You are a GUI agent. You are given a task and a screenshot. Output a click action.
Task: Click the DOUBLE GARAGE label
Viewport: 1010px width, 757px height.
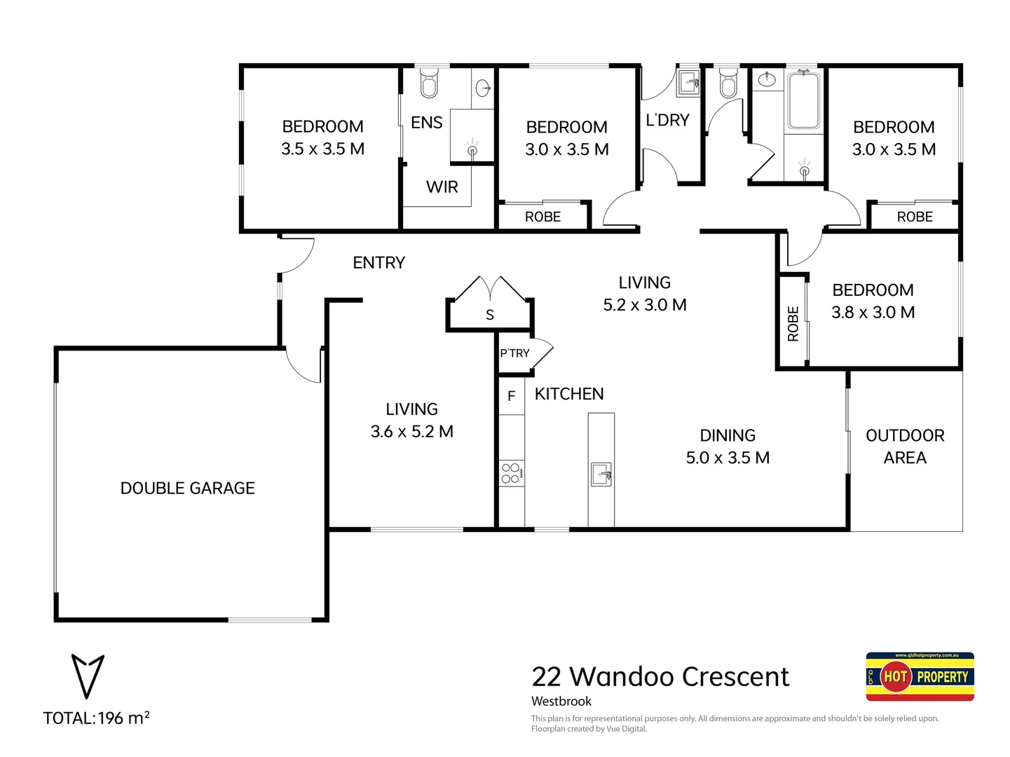coord(187,488)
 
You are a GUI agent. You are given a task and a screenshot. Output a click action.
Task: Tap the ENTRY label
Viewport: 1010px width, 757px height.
coord(378,263)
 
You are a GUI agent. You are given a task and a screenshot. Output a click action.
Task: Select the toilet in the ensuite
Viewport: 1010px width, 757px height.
coord(428,84)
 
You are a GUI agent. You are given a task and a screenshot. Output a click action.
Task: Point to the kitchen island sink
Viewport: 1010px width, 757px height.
coord(601,474)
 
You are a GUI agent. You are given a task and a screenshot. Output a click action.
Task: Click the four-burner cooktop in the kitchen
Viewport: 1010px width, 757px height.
coord(511,474)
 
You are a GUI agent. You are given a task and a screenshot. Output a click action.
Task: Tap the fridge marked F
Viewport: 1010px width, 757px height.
coord(511,396)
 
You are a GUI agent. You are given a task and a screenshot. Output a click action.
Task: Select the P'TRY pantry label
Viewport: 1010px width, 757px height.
coord(514,353)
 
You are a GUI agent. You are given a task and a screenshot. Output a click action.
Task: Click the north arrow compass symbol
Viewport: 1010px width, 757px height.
coord(88,676)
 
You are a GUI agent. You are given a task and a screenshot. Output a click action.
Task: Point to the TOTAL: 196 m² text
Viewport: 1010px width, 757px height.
coord(96,718)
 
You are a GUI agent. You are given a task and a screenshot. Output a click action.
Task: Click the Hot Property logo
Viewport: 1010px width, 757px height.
coord(920,676)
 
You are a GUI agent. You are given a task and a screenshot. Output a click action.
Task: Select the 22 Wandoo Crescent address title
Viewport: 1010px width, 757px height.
coord(660,677)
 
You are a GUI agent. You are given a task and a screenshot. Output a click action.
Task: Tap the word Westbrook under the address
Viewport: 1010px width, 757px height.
coord(561,702)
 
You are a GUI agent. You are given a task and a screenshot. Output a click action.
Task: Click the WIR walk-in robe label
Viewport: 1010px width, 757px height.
coord(442,187)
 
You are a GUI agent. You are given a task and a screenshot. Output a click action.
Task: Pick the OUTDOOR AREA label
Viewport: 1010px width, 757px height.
coord(905,446)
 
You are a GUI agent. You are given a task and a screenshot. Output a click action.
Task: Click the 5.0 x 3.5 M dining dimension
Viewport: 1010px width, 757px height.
coord(728,458)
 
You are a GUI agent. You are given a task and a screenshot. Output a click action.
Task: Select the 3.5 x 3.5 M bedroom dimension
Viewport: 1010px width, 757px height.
coord(322,149)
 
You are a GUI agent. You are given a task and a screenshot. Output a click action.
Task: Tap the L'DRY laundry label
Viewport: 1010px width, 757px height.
coord(667,121)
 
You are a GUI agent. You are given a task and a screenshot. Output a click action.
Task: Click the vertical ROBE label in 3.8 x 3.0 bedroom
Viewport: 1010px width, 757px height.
coord(793,323)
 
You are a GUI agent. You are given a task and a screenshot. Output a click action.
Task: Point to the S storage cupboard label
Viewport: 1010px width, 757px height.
coord(490,315)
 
